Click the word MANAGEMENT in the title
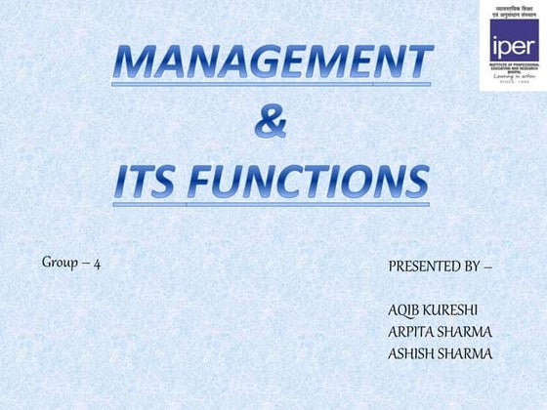(x=273, y=63)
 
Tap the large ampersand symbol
(x=271, y=123)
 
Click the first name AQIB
(x=404, y=310)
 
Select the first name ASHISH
(x=411, y=353)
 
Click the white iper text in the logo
(x=508, y=47)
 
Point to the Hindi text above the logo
(x=508, y=13)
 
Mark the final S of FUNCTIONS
(x=416, y=183)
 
